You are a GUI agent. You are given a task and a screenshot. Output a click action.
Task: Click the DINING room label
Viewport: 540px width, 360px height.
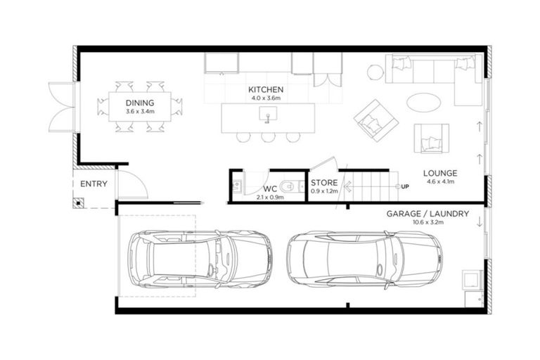pyautogui.click(x=140, y=103)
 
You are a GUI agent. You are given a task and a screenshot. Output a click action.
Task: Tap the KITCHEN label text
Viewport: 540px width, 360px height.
pyautogui.click(x=266, y=90)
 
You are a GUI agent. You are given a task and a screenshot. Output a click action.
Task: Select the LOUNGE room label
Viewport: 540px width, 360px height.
pyautogui.click(x=440, y=173)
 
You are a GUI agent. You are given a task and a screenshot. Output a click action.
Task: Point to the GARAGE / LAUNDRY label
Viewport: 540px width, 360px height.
pyautogui.click(x=427, y=213)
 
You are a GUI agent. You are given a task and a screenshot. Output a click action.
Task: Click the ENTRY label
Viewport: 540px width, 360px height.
pyautogui.click(x=94, y=184)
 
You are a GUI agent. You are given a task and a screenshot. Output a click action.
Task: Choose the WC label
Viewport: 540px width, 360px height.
pyautogui.click(x=270, y=189)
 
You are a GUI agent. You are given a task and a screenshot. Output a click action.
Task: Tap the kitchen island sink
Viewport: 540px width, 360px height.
pyautogui.click(x=267, y=117)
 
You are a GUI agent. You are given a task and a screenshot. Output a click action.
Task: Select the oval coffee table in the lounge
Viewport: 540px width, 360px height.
pyautogui.click(x=423, y=103)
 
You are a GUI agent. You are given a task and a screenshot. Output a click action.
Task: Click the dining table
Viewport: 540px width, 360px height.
pyautogui.click(x=139, y=107)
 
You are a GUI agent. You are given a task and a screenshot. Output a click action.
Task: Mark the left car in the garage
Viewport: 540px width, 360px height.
pyautogui.click(x=199, y=259)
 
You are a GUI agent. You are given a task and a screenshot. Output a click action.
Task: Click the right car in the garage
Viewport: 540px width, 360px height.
pyautogui.click(x=364, y=259)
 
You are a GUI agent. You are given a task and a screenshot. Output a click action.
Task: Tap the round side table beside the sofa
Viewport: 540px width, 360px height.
pyautogui.click(x=375, y=72)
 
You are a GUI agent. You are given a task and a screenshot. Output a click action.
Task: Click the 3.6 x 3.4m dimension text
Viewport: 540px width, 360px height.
pyautogui.click(x=140, y=111)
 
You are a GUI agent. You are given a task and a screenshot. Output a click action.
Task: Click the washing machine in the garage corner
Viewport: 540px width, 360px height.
pyautogui.click(x=470, y=281)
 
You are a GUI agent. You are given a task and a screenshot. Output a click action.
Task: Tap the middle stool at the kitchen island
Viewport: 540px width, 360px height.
pyautogui.click(x=268, y=137)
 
